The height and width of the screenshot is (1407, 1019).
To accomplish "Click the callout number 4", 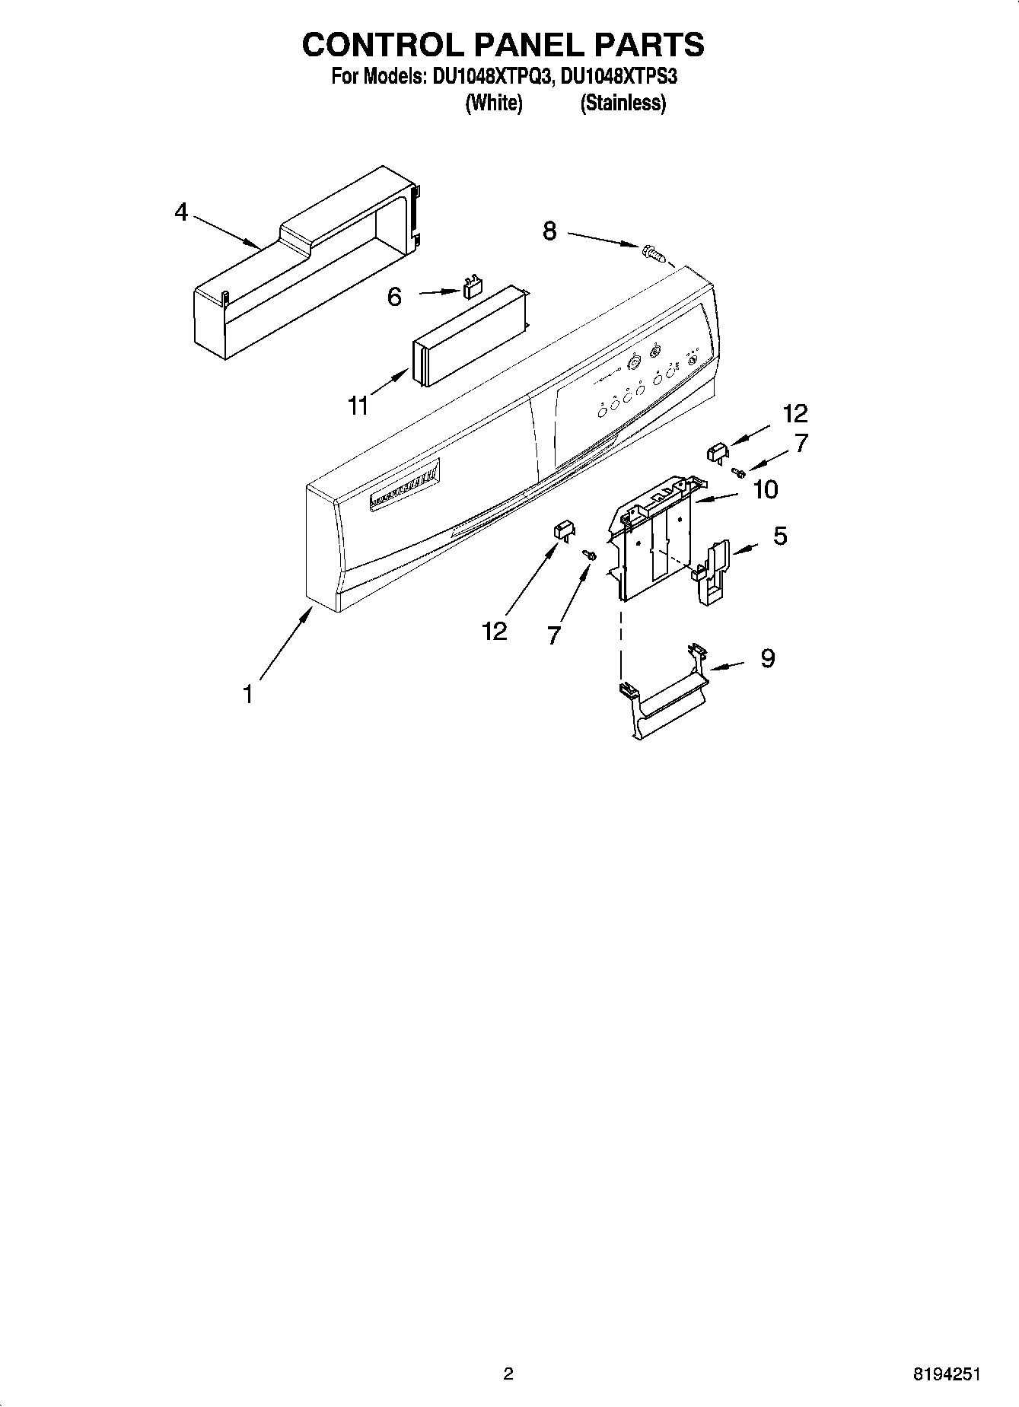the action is point(181,212).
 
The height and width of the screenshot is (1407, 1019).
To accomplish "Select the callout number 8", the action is point(549,231).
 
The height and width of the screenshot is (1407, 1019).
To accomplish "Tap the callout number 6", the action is point(394,297).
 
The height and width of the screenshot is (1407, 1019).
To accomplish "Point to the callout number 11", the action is point(358,406).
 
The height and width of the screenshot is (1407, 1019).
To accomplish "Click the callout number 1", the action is point(247,694).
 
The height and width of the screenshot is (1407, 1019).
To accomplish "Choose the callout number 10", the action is point(765,489).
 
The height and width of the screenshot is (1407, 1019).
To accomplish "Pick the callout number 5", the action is point(780,536).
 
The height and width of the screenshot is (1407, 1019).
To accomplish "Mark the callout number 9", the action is point(767,657).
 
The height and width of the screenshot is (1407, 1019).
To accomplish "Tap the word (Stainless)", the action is point(623,103).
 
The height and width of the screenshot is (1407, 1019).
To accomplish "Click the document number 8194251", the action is point(946,1374).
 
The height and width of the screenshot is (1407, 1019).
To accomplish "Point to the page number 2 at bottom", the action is point(508,1374).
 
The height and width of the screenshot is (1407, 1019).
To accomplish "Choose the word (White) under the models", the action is point(493,103).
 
